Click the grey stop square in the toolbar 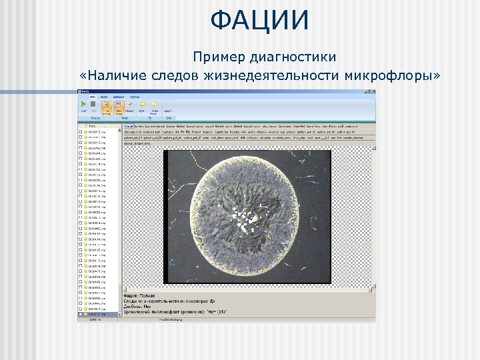pos(93,104)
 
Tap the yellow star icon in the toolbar pos(154,104)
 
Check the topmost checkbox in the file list pos(81,133)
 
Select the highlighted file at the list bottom pos(97,315)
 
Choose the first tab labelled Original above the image pos(128,125)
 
